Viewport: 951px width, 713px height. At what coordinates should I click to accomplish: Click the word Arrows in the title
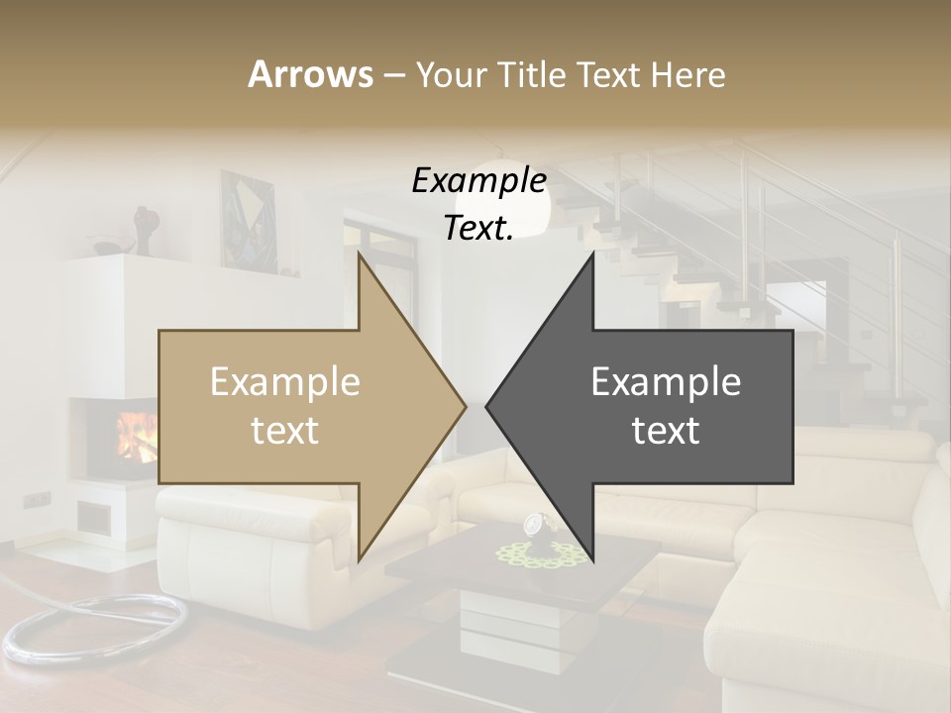pos(310,74)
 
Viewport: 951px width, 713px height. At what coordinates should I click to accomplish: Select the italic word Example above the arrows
pos(478,180)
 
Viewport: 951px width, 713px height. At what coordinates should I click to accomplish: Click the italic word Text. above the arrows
pos(478,228)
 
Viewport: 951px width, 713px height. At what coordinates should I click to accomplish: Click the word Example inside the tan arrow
pos(285,382)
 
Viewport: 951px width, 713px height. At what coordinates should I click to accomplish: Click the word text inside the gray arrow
pos(666,431)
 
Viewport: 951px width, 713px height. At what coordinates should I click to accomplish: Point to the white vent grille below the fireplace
pos(95,517)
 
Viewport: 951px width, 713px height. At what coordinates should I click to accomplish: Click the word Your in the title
pos(450,74)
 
